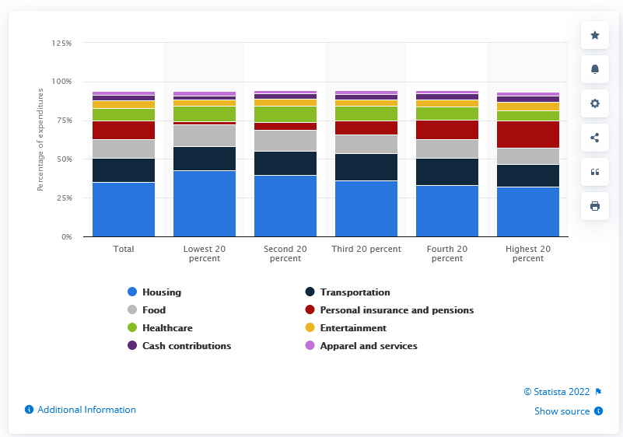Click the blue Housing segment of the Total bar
click(124, 209)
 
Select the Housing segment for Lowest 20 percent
click(205, 203)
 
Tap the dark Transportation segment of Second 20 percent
click(285, 163)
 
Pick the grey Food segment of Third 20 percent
click(366, 144)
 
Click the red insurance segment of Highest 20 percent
click(528, 135)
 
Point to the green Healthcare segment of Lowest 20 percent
click(205, 114)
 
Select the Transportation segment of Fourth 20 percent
click(447, 172)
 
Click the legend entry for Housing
click(161, 292)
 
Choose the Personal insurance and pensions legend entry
click(396, 310)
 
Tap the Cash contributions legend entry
click(186, 346)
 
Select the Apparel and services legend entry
click(368, 346)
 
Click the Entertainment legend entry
click(353, 328)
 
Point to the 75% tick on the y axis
click(61, 121)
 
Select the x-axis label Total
click(124, 250)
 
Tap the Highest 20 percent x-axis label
click(528, 253)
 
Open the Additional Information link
click(86, 410)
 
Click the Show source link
click(562, 411)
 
